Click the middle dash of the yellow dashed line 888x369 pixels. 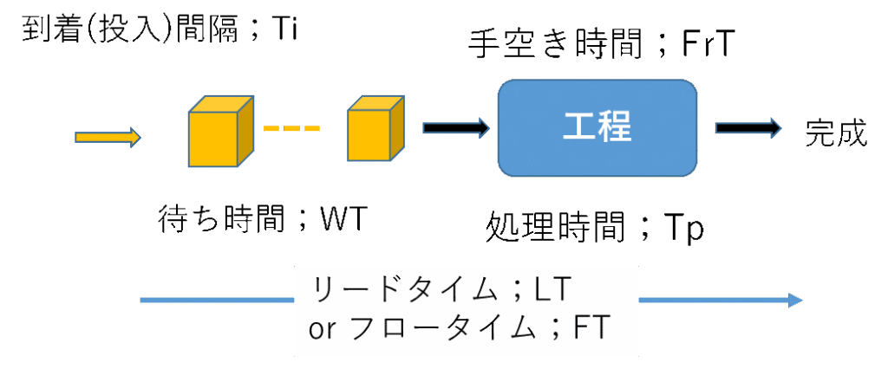pyautogui.click(x=291, y=130)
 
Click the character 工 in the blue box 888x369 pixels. pyautogui.click(x=578, y=127)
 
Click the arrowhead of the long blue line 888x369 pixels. pyautogui.click(x=795, y=300)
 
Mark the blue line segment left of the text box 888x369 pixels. pyautogui.click(x=217, y=300)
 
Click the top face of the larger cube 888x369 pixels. pyautogui.click(x=222, y=103)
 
